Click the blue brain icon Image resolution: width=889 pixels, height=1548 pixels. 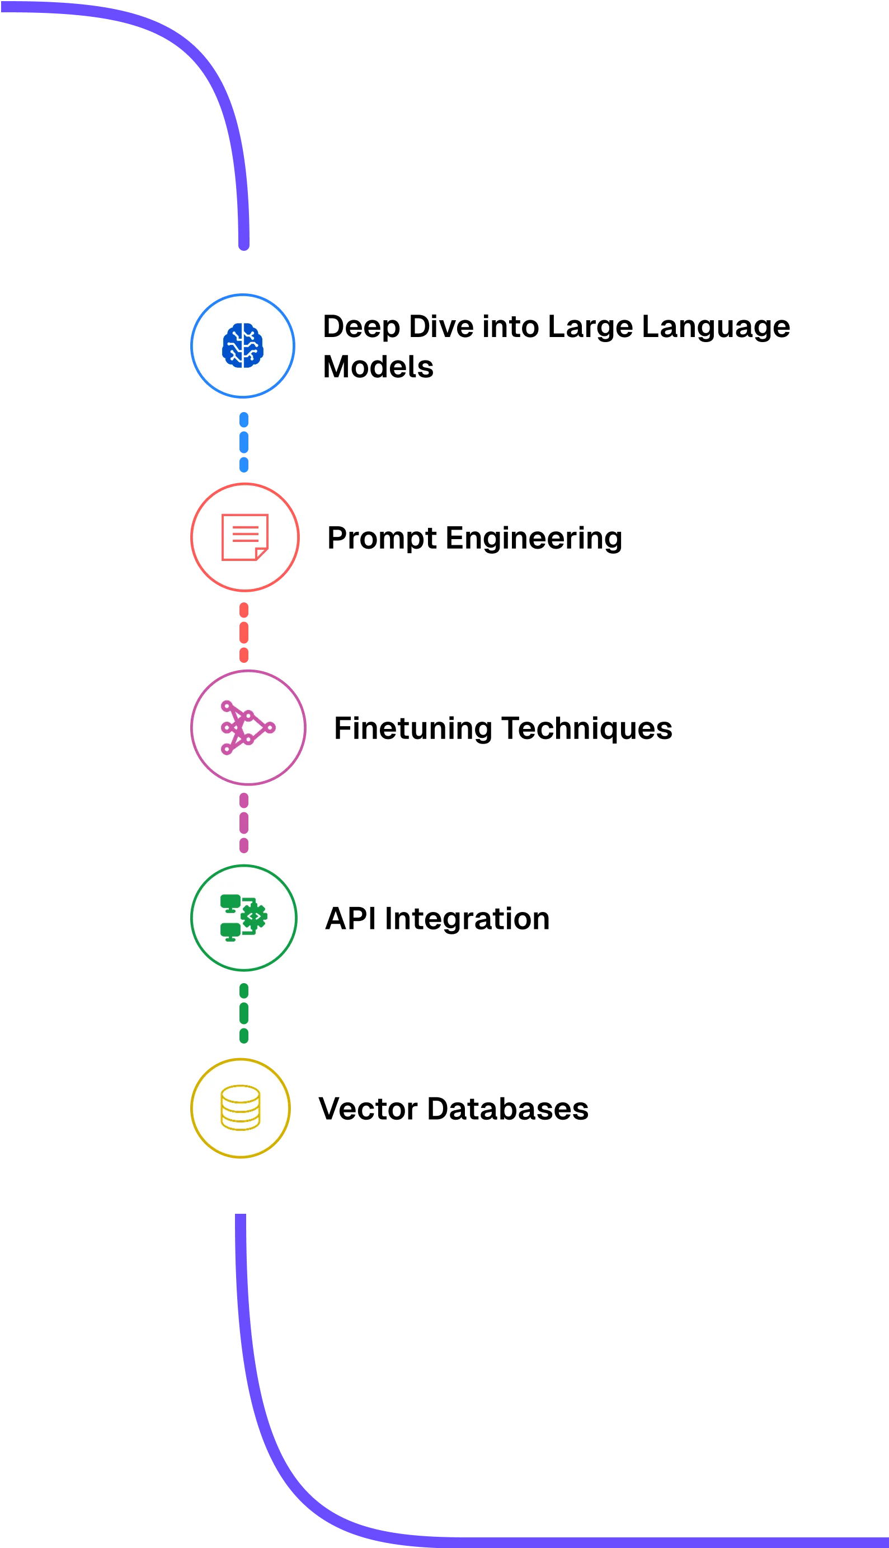coord(242,345)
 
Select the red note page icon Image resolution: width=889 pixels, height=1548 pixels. coord(244,536)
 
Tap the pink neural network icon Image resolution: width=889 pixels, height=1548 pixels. coord(247,727)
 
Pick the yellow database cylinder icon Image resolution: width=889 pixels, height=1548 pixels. coord(240,1107)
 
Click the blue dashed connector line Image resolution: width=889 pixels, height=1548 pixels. coord(244,442)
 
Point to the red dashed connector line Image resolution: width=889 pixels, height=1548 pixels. coord(244,632)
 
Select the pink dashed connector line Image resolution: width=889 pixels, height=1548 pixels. coord(244,823)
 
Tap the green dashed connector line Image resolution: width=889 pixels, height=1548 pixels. coord(244,1013)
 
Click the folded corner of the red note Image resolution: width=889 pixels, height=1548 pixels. coord(262,554)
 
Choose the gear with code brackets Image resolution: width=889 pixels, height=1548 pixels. coord(254,916)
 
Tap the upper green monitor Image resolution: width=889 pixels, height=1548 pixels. coord(230,902)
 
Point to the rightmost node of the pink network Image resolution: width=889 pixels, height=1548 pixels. coord(270,727)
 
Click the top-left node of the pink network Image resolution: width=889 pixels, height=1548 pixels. coord(226,705)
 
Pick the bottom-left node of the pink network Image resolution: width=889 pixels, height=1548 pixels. coord(226,749)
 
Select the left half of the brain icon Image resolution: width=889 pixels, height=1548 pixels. coord(232,345)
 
